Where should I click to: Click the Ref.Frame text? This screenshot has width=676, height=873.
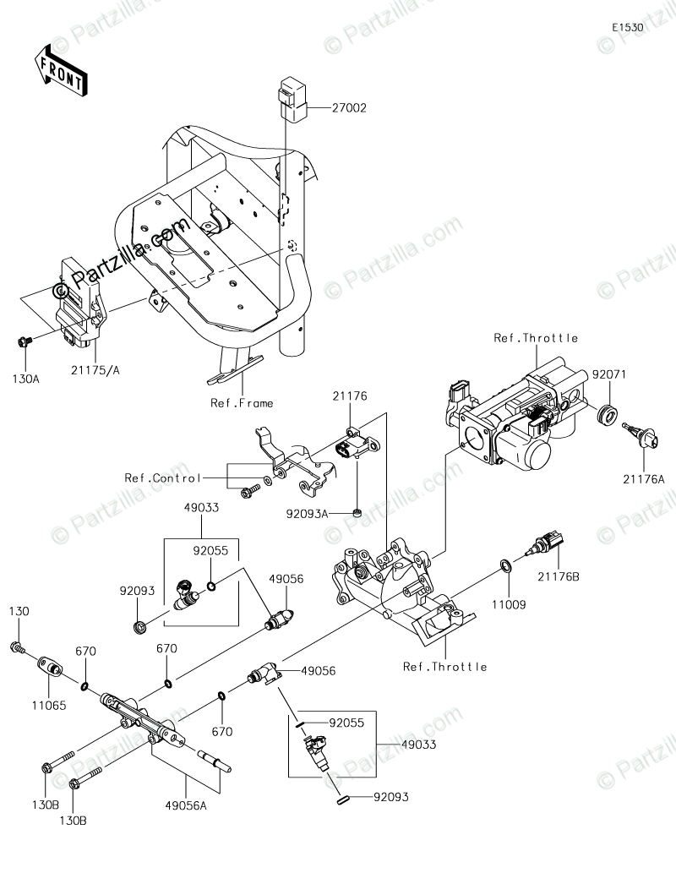pyautogui.click(x=242, y=403)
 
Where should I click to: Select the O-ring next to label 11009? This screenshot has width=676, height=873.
pyautogui.click(x=505, y=565)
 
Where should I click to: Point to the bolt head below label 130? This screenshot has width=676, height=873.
pyautogui.click(x=16, y=647)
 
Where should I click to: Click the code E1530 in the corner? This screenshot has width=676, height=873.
pyautogui.click(x=629, y=28)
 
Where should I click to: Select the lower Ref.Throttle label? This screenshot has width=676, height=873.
pyautogui.click(x=445, y=667)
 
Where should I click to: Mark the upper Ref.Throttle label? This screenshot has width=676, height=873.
pyautogui.click(x=536, y=338)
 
